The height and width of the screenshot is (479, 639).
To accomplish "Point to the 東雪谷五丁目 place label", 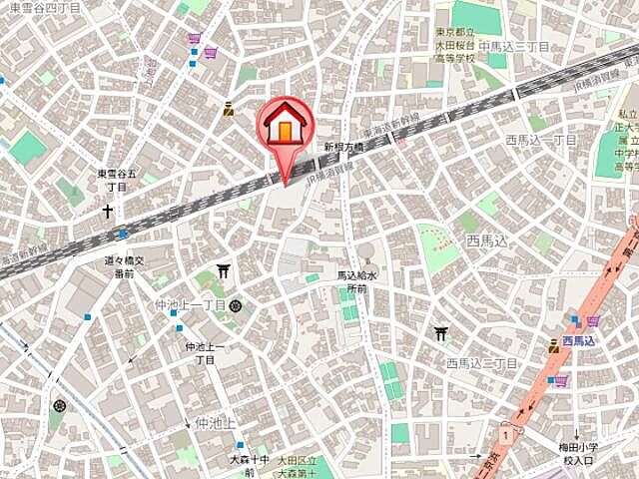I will [118, 180].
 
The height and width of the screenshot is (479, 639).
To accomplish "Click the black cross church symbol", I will [107, 212].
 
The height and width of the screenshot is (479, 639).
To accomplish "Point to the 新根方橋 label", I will [342, 146].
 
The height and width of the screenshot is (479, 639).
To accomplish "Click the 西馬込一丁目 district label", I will [540, 141].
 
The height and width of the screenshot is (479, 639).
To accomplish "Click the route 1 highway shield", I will [507, 434].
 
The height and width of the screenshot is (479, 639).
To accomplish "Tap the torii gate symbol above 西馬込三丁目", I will [441, 334].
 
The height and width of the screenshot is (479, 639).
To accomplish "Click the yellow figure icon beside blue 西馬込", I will [554, 344].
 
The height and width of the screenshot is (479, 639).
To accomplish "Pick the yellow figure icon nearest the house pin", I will [229, 110].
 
